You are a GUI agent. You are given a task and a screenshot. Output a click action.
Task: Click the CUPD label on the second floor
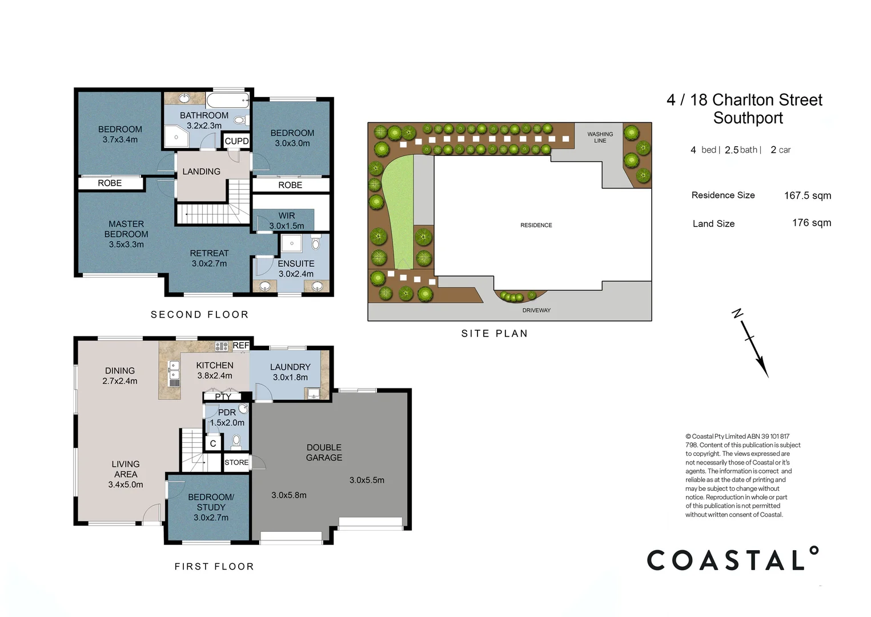(x=236, y=141)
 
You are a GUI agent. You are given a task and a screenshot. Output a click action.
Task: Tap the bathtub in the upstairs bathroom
(x=228, y=101)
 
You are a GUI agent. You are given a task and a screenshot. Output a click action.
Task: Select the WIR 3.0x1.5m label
(x=287, y=221)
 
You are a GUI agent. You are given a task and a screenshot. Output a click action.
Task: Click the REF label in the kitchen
(x=240, y=345)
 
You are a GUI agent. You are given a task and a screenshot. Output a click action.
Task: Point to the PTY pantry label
(x=223, y=397)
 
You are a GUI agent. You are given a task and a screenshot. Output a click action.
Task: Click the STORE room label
(x=236, y=462)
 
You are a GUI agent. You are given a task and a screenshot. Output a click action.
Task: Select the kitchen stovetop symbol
(x=221, y=346)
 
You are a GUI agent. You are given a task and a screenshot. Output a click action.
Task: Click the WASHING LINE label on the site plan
(x=600, y=137)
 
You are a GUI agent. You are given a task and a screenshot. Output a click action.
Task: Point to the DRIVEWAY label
(x=536, y=310)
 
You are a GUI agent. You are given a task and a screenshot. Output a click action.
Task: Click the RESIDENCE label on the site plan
(x=536, y=225)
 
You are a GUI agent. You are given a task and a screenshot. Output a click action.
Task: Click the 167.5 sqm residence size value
(x=808, y=195)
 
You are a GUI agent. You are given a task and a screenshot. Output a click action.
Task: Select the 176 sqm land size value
(x=812, y=223)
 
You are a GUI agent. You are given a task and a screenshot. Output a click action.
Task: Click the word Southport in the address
(x=748, y=118)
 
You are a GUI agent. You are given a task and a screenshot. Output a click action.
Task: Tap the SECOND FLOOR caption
(x=199, y=314)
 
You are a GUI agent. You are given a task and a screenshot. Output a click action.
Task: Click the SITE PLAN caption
(x=495, y=334)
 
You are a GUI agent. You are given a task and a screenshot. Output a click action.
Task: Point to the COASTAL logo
(x=733, y=559)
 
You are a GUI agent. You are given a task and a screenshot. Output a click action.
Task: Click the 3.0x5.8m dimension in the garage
(x=289, y=495)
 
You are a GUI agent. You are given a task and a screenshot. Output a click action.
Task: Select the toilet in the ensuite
(x=316, y=243)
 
